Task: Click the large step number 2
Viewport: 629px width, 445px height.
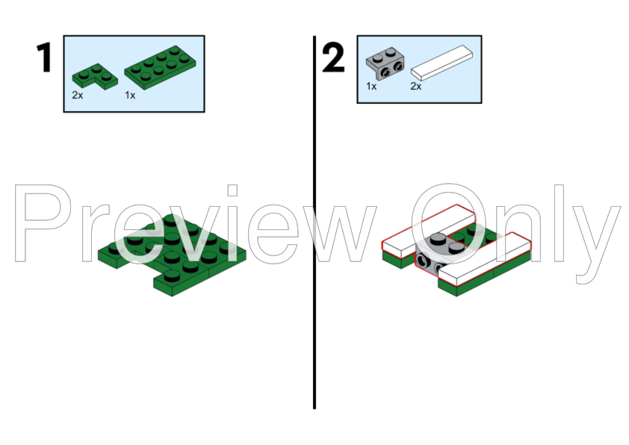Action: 334,57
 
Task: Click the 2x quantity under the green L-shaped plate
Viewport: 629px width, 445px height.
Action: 78,96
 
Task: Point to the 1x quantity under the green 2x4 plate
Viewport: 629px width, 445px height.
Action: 130,96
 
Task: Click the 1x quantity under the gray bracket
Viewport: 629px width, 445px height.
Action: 371,86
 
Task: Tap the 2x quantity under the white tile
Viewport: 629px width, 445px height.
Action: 416,86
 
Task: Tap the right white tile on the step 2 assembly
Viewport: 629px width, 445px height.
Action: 486,258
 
